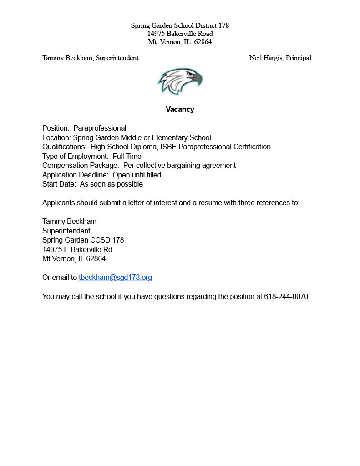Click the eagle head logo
180,81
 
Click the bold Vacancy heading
180,110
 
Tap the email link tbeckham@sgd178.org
115,278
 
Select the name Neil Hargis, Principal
280,58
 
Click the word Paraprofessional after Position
100,128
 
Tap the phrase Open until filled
137,175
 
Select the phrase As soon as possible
112,184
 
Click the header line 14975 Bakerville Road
180,34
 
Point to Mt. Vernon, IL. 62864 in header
180,42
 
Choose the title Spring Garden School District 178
180,25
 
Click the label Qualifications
64,147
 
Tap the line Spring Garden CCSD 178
83,240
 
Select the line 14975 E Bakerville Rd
77,250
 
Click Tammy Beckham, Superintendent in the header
90,58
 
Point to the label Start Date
59,184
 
